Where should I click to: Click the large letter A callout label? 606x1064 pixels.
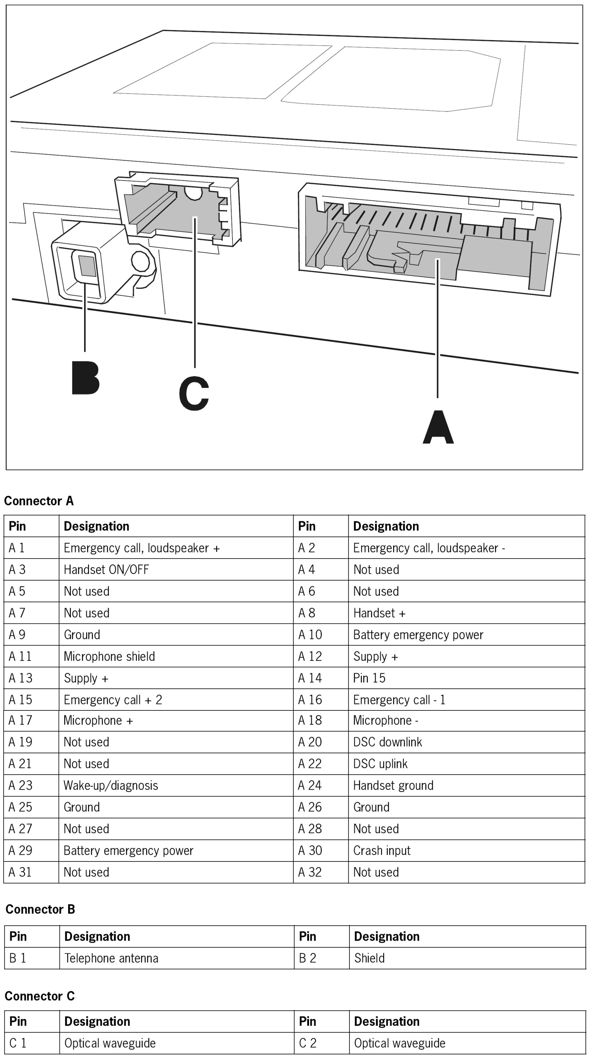pos(438,427)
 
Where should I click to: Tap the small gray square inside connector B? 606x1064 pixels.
pos(87,266)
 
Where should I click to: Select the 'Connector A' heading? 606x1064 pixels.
pos(39,501)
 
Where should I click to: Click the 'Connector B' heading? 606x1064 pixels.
pos(40,909)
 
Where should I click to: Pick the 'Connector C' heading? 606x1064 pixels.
pos(39,996)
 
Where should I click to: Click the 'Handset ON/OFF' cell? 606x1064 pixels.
pos(106,570)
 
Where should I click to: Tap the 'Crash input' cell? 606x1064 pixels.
pos(382,850)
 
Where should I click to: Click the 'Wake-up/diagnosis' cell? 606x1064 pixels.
pos(111,785)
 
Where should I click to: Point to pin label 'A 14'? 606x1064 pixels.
pos(310,678)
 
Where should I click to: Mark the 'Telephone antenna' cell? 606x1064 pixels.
pos(111,958)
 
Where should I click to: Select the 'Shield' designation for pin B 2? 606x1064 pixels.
pos(369,958)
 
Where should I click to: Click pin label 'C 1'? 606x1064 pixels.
pos(18,1043)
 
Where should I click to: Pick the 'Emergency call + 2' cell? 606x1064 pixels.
pos(113,700)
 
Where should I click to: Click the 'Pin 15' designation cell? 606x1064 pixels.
pos(369,678)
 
